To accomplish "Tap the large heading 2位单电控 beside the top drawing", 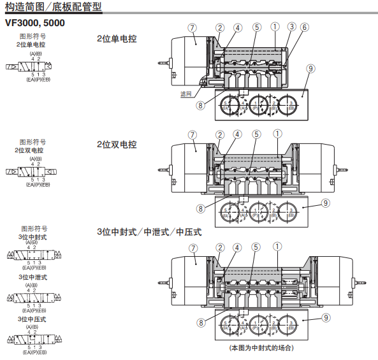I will point(117,38).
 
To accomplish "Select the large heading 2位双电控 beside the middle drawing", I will point(117,145).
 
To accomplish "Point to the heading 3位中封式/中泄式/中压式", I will point(149,232).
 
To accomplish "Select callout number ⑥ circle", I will point(304,27).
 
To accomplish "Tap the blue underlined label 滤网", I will point(185,94).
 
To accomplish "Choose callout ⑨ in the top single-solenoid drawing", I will point(310,68).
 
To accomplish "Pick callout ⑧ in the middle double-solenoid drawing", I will point(201,208).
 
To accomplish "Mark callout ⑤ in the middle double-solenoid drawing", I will point(256,134).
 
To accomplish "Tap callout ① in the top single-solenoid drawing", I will point(275,27).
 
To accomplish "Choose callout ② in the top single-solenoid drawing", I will point(220,27).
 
